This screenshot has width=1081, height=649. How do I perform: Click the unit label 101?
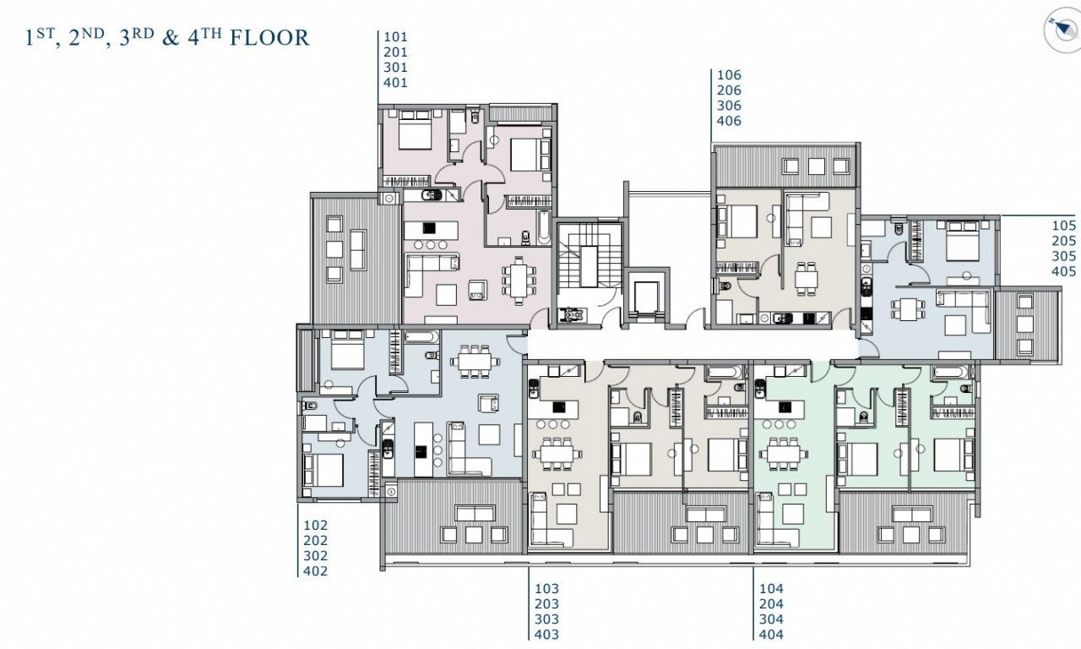(x=395, y=36)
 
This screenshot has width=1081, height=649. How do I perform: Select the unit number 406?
(x=729, y=121)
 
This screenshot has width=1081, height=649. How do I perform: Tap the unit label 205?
(x=1063, y=241)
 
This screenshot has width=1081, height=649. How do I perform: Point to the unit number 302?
(x=316, y=556)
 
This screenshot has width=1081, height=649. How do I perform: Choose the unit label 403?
(x=546, y=634)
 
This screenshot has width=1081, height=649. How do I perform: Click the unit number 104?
(x=771, y=589)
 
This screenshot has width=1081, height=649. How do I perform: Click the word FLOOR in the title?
(x=269, y=38)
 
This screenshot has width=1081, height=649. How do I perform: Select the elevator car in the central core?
(x=646, y=297)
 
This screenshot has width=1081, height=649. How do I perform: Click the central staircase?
(x=589, y=266)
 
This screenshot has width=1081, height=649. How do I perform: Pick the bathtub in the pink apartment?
(x=544, y=227)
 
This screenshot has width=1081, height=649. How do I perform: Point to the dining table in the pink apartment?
(x=519, y=281)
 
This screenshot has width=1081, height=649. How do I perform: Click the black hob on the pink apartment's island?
(x=428, y=228)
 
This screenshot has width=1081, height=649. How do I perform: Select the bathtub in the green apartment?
(x=951, y=373)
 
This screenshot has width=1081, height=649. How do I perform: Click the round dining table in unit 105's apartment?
(x=908, y=308)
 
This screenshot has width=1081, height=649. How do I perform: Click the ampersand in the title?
(x=171, y=38)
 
